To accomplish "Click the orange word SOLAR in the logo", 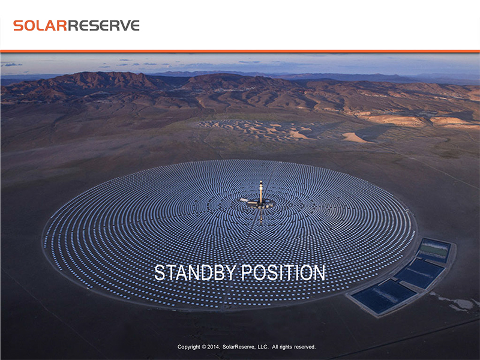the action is (40, 25).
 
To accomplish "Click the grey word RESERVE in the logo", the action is (103, 25).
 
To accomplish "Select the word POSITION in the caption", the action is (283, 272).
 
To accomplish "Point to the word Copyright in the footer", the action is (188, 347).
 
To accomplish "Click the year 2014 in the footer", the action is (213, 347).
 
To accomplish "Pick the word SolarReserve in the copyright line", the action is (238, 347).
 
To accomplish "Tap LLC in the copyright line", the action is (263, 347).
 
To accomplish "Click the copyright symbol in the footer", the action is (203, 347).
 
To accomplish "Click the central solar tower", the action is (261, 192).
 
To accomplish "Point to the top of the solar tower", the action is (261, 181).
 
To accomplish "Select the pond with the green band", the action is (434, 251).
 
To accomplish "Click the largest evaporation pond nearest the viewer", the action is (383, 296).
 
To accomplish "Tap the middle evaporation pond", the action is (420, 273).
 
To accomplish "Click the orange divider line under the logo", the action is (240, 51).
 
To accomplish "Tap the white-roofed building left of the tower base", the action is (244, 200).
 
